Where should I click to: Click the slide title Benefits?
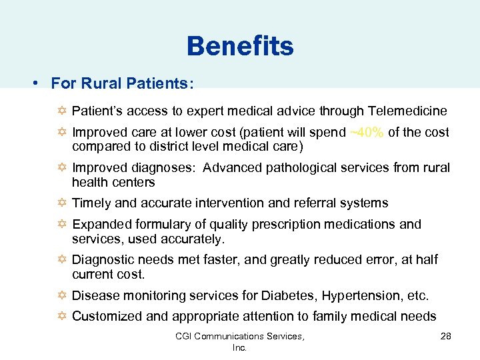[x=240, y=47]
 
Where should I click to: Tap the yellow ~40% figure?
[x=367, y=132]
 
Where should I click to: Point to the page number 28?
[x=445, y=337]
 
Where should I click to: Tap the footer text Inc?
[x=239, y=347]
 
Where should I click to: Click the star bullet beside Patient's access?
[x=62, y=111]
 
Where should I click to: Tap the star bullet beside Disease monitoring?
[x=62, y=295]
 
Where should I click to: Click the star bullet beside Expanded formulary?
[x=62, y=225]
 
